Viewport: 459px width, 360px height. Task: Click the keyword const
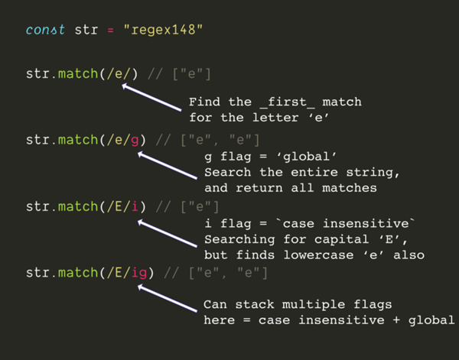click(x=45, y=30)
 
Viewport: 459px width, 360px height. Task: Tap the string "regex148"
click(x=163, y=30)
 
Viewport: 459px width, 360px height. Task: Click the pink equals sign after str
click(x=110, y=30)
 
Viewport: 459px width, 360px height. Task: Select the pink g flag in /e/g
click(x=135, y=141)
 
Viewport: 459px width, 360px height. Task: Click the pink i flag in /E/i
click(x=135, y=206)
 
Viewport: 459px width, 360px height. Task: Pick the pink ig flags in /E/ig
click(x=138, y=273)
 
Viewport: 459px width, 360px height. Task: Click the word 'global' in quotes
click(x=307, y=157)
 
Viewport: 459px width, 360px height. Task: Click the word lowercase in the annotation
click(x=318, y=255)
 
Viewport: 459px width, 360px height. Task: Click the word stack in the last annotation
click(x=255, y=304)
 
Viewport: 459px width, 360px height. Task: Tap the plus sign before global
click(x=396, y=320)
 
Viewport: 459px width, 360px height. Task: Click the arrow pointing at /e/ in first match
click(x=151, y=97)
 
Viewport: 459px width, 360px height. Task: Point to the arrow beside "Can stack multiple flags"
click(x=167, y=298)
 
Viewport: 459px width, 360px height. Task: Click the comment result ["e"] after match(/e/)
click(x=192, y=74)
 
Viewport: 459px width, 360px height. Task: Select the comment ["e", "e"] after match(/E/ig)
click(x=228, y=273)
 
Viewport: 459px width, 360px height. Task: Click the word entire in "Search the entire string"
click(x=314, y=172)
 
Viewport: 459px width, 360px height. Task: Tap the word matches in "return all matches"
click(x=350, y=188)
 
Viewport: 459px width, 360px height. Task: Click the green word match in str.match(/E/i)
click(x=78, y=206)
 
